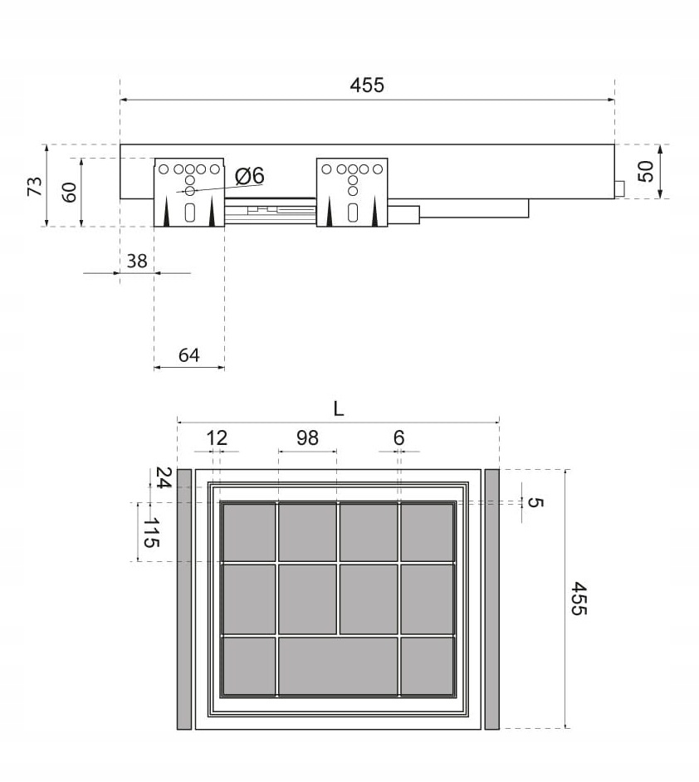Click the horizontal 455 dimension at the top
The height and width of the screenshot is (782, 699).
point(367,86)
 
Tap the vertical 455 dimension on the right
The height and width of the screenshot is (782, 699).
point(579,599)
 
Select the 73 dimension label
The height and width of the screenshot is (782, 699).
point(36,186)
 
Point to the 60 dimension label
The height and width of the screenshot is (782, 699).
point(69,193)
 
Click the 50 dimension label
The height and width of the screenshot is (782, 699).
point(646,172)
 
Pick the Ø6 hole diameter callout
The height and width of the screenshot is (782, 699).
point(249,175)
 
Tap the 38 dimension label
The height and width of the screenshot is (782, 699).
point(137,261)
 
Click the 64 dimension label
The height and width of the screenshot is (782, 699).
point(189,355)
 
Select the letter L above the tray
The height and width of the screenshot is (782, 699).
point(339,409)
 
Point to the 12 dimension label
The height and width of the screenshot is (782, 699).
point(217,437)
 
